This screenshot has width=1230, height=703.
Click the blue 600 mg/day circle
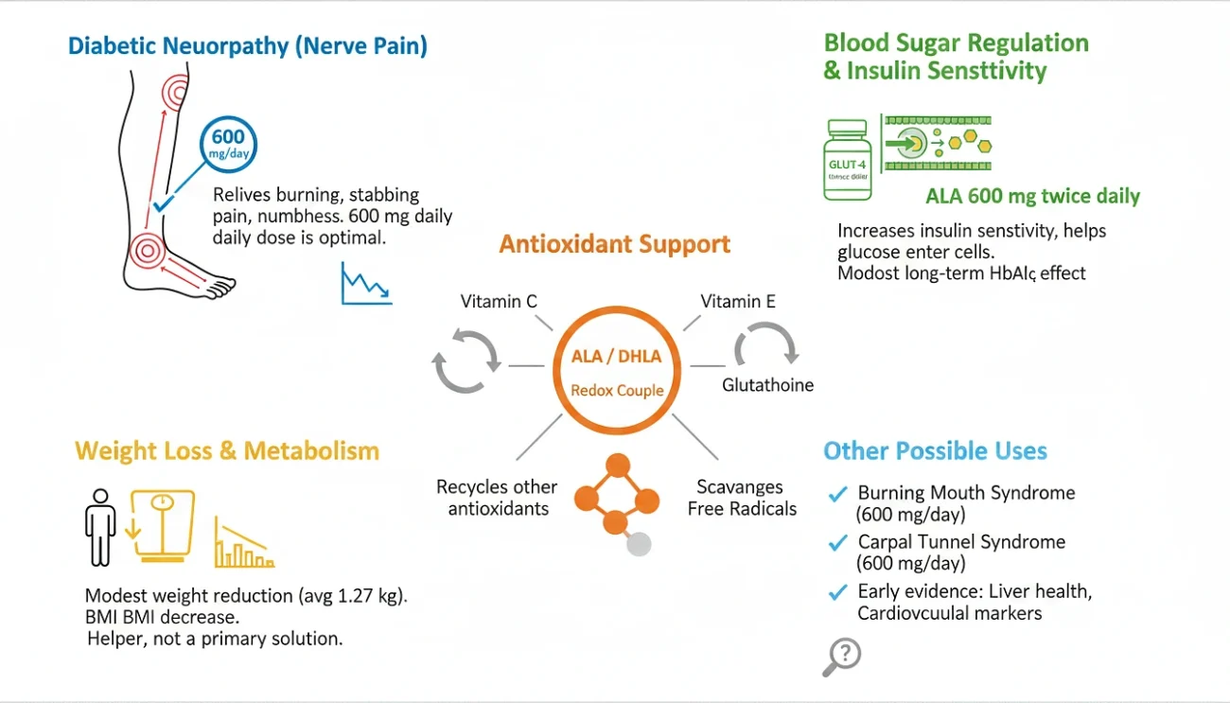point(227,143)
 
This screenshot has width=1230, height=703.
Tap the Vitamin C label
point(499,302)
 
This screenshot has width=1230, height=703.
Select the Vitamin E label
point(738,302)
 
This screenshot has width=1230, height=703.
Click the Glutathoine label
point(767,385)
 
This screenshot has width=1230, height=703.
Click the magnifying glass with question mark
point(841,656)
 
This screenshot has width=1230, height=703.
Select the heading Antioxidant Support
point(615,244)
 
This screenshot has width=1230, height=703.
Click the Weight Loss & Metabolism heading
point(227,450)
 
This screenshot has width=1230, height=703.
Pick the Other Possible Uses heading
point(935,450)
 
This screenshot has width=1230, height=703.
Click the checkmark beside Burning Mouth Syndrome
point(837,494)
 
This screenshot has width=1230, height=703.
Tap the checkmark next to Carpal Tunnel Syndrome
point(837,543)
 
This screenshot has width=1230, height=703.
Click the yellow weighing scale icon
point(164,526)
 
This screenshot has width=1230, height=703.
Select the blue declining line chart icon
point(366,284)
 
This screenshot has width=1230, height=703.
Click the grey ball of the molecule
point(640,544)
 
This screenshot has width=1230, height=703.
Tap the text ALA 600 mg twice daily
point(1032,197)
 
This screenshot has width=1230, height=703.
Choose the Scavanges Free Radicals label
point(741,498)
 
